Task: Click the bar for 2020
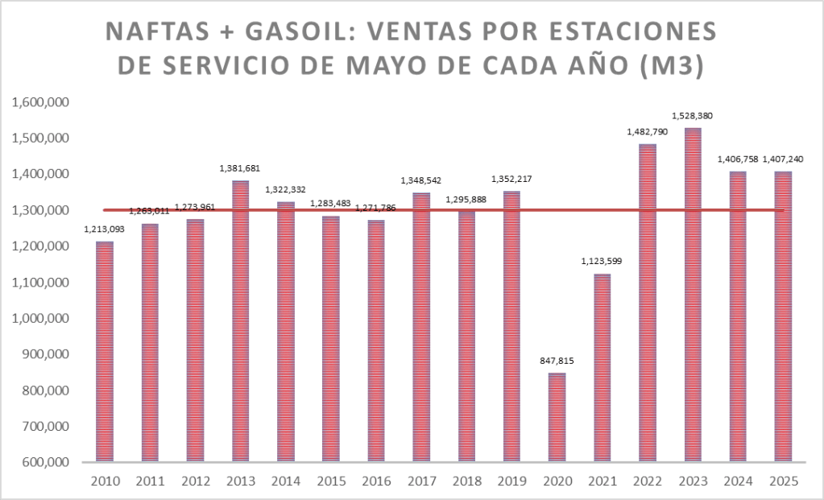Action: pyautogui.click(x=557, y=417)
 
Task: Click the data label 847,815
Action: pyautogui.click(x=557, y=362)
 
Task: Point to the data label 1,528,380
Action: pyautogui.click(x=693, y=116)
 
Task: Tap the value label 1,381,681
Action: pyautogui.click(x=240, y=168)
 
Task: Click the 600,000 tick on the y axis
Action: pyautogui.click(x=43, y=463)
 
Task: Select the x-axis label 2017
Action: pyautogui.click(x=421, y=481)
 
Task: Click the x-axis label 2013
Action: pyautogui.click(x=240, y=481)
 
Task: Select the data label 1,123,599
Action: pyautogui.click(x=602, y=262)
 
